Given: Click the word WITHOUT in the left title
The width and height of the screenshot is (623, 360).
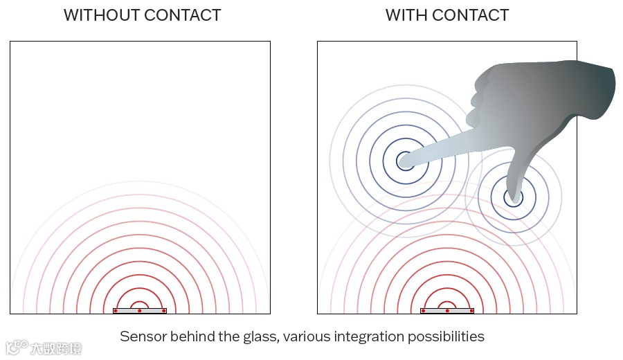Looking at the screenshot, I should pos(96,15).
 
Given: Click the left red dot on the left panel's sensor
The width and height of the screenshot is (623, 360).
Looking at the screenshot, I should pos(115,311).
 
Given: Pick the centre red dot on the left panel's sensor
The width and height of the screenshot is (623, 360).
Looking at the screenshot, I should pos(139,311).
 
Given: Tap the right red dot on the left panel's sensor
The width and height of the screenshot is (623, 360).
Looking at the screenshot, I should pos(163,311).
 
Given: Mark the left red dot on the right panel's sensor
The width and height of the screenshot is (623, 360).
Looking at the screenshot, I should pos(423,311).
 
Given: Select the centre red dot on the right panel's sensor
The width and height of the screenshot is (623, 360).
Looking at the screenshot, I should pos(447,311).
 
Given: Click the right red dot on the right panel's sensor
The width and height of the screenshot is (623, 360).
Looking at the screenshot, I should pos(471,311).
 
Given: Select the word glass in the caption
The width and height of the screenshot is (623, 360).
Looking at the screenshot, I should pos(255,337).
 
